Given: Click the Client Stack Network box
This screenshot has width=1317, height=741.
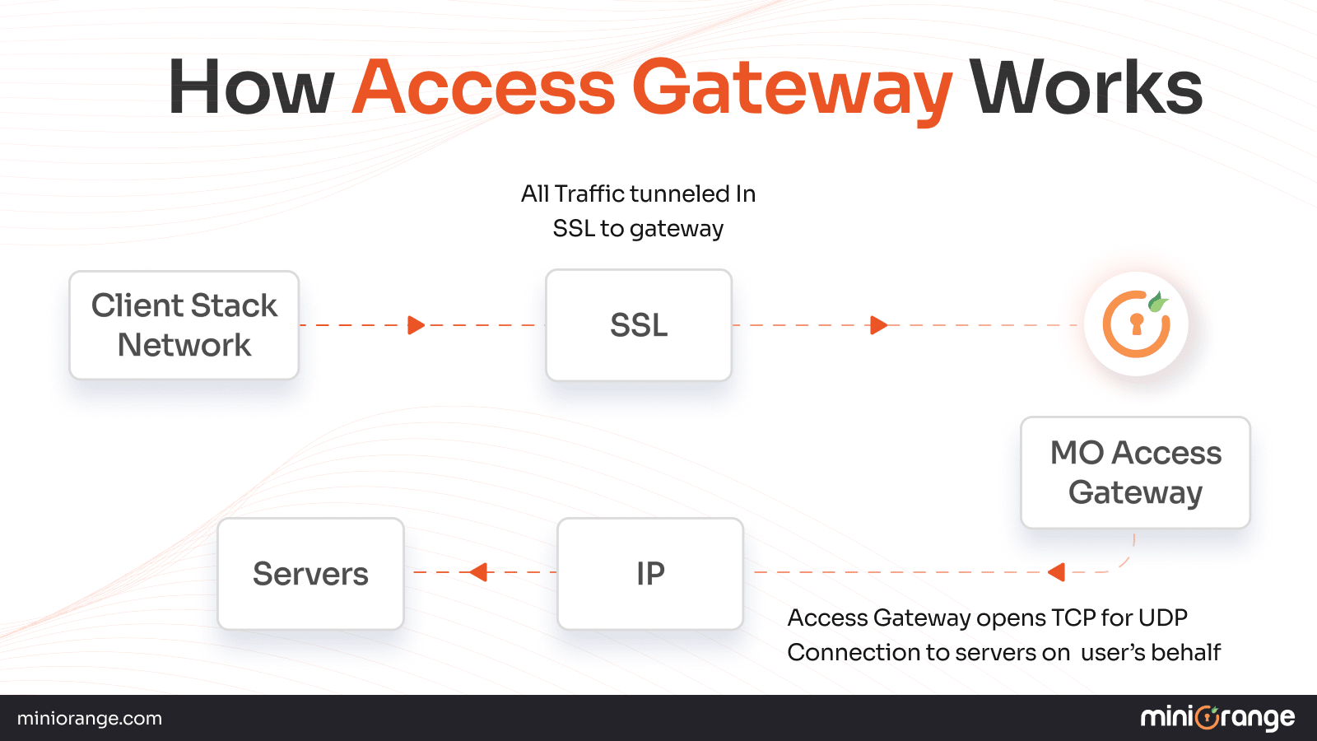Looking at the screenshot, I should click(184, 325).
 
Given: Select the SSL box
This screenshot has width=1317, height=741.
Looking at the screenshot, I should click(639, 325).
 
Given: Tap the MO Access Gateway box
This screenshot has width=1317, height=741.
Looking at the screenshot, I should click(1135, 473).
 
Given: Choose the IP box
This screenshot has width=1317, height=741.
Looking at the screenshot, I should click(650, 574).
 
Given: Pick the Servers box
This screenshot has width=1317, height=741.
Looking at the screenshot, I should click(310, 574).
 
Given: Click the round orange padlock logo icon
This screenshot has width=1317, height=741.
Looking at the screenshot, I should click(1136, 324).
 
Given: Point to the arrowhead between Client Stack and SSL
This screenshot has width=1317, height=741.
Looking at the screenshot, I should click(416, 325).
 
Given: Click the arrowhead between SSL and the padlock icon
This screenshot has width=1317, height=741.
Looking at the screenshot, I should click(878, 325).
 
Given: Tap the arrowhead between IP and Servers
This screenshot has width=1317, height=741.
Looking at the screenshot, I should click(478, 571).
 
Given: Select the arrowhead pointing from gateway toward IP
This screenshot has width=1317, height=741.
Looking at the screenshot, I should click(1057, 571).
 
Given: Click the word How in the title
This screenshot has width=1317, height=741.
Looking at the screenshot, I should click(250, 87).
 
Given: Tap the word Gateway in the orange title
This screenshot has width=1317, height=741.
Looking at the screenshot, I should click(791, 89).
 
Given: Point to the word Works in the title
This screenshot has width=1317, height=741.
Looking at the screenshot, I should click(1086, 87).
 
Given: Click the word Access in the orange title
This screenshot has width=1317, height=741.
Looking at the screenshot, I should click(483, 87).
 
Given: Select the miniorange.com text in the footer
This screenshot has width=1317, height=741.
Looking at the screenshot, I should click(90, 719).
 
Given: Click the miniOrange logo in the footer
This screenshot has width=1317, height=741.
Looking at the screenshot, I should click(1217, 718).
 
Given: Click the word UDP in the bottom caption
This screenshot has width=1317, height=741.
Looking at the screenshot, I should click(1162, 617).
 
